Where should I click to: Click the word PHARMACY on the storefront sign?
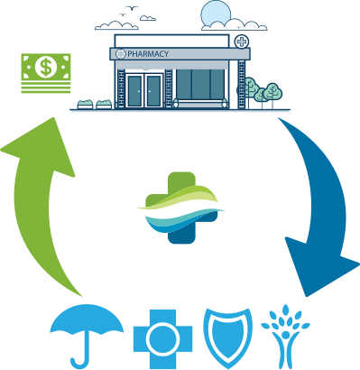148,54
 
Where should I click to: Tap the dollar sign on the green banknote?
43,66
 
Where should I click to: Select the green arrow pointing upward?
45,208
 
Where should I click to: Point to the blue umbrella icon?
88,327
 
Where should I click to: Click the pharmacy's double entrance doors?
144,91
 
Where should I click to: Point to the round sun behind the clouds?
217,15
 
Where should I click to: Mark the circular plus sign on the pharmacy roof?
241,42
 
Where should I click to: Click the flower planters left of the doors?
94,105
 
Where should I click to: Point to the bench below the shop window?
205,104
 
